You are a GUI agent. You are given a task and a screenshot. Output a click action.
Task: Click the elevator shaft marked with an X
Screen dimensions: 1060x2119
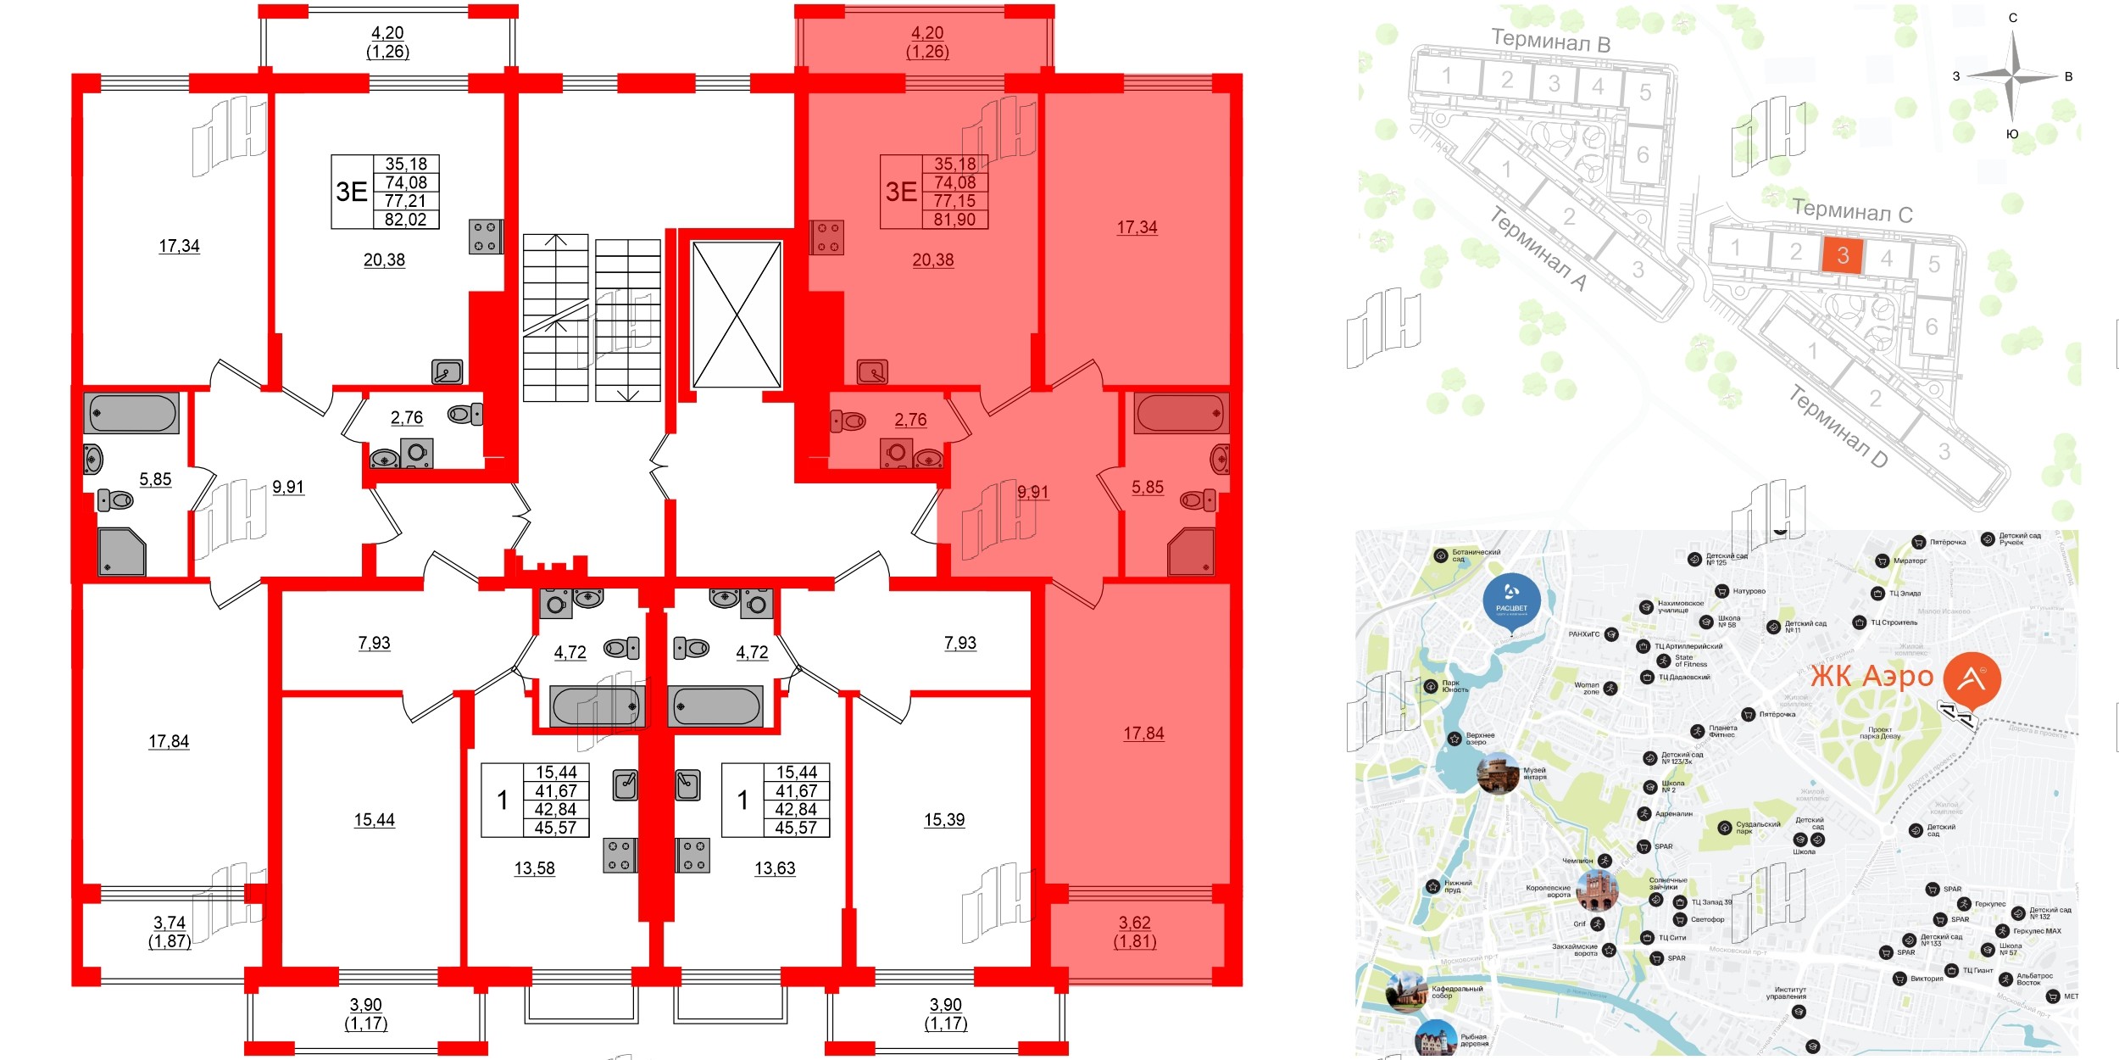tap(737, 315)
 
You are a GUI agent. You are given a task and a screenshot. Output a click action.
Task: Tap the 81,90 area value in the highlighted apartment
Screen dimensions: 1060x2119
tap(954, 220)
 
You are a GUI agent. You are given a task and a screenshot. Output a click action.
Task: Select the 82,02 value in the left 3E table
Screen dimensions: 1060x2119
tap(406, 220)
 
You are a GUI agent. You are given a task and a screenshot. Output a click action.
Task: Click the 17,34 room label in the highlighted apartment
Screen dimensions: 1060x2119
tap(1137, 227)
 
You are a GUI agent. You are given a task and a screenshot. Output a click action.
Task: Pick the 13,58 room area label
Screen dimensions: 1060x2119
tap(535, 868)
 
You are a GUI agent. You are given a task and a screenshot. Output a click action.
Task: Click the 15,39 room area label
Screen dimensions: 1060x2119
tap(944, 820)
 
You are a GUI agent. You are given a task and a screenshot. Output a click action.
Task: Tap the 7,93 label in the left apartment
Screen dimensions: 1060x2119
tap(374, 643)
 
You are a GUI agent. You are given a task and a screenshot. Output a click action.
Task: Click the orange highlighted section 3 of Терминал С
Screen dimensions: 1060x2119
tap(1842, 255)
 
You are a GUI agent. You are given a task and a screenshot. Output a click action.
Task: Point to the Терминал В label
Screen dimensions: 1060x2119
tap(1550, 40)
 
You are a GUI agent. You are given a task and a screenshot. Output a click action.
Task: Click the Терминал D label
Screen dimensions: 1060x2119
tap(1838, 427)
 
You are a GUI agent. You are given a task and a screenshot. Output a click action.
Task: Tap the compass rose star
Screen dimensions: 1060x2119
tap(2014, 76)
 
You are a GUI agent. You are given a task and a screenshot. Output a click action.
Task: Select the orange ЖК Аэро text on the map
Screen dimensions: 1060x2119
tap(1872, 677)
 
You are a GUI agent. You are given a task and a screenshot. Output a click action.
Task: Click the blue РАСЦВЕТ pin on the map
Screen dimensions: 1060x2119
tap(1511, 601)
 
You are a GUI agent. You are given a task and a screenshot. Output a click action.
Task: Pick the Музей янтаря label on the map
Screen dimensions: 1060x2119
tap(1535, 773)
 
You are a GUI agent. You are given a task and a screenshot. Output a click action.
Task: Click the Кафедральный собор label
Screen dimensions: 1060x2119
tap(1457, 992)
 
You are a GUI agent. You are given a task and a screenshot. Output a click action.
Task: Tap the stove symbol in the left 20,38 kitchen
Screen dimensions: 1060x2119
tap(486, 237)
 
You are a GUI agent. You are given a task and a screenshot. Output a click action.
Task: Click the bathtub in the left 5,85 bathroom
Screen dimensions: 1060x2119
tap(132, 414)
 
